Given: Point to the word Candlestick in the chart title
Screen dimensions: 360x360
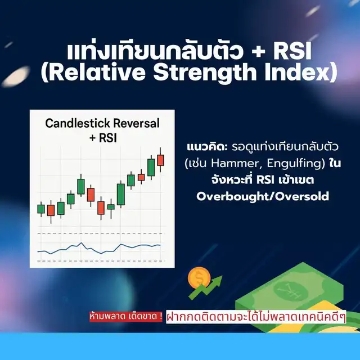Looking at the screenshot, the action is pyautogui.click(x=78, y=123).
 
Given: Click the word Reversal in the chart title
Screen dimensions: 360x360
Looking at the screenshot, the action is pyautogui.click(x=136, y=123).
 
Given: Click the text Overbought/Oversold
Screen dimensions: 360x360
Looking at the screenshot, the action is pyautogui.click(x=263, y=196).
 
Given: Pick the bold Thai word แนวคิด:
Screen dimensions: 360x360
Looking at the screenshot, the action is pyautogui.click(x=207, y=147).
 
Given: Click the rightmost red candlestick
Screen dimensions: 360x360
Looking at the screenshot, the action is pyautogui.click(x=160, y=160).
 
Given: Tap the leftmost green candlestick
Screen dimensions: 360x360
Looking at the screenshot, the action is pyautogui.click(x=41, y=209).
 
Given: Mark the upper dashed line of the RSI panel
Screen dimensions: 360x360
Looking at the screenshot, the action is pyautogui.click(x=101, y=233).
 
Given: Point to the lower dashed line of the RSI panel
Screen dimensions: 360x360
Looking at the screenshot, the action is pyautogui.click(x=101, y=261).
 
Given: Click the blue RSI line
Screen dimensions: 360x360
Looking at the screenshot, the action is pyautogui.click(x=99, y=249).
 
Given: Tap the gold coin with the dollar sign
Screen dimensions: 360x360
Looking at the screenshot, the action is pyautogui.click(x=199, y=277).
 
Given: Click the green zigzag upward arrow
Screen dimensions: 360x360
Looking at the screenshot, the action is pyautogui.click(x=205, y=287).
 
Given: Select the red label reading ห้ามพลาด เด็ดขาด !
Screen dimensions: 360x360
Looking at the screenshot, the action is pyautogui.click(x=126, y=317).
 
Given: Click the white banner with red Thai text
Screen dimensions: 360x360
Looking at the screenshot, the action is pyautogui.click(x=256, y=317).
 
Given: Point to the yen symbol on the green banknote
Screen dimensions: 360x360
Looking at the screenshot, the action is pyautogui.click(x=287, y=291).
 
